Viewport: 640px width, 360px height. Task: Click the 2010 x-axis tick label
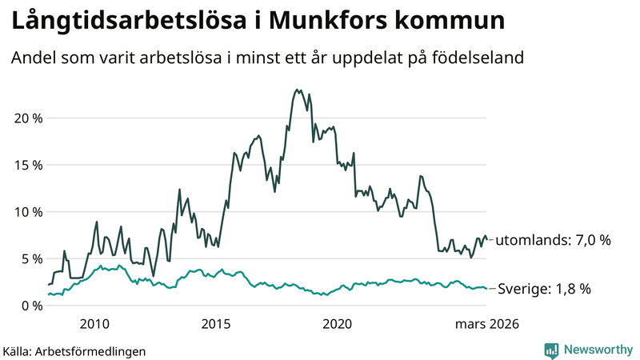coord(94,324)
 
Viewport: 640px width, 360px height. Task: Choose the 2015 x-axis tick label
coord(216,324)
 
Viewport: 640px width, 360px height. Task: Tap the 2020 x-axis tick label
coord(337,324)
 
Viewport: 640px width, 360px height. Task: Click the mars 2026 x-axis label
coord(487,324)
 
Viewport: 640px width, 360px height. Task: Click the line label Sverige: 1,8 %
coord(544,289)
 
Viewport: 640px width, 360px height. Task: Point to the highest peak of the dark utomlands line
coord(298,90)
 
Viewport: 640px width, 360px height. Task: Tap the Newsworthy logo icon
coord(551,350)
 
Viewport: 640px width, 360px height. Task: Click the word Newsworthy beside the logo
coord(597,350)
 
